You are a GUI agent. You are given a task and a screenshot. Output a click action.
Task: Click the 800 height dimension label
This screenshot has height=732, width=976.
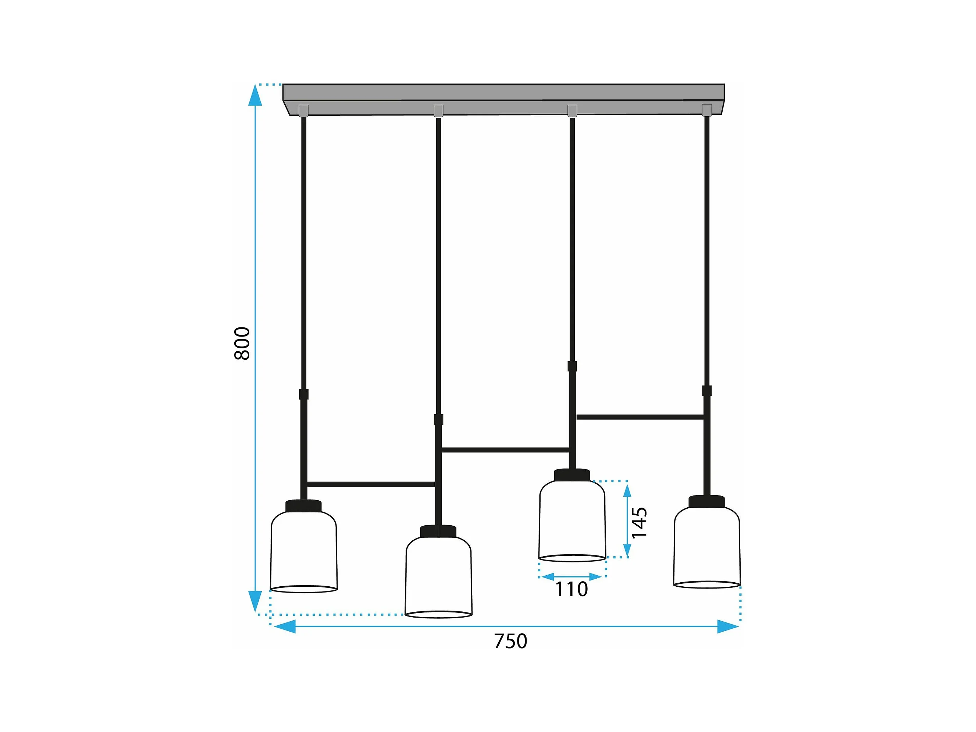(242, 343)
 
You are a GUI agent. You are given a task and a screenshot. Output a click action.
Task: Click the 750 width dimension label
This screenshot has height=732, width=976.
(510, 641)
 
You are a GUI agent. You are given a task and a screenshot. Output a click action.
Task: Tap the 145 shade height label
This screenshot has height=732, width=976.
(639, 522)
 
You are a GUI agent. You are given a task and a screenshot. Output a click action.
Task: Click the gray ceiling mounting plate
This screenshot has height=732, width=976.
(503, 93)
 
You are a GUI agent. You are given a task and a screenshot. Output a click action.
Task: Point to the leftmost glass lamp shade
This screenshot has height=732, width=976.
(303, 551)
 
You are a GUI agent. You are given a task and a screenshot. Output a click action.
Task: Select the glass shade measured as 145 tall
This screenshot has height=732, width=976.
(572, 520)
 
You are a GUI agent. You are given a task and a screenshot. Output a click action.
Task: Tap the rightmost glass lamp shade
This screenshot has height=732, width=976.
(707, 547)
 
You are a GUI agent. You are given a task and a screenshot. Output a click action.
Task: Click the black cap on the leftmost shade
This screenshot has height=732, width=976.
(303, 506)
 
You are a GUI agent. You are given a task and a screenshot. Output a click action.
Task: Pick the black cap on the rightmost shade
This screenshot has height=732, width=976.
(707, 501)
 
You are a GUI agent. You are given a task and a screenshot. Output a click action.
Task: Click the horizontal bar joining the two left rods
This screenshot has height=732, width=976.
(371, 484)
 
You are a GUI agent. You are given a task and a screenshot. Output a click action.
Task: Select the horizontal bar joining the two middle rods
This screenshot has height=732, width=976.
(505, 450)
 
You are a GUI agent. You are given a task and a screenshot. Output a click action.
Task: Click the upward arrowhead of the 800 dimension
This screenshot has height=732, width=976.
(255, 96)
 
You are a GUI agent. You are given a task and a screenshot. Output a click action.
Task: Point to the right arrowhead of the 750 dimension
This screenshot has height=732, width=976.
(728, 626)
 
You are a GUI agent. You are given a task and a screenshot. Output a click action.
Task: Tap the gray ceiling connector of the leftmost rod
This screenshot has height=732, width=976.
(303, 110)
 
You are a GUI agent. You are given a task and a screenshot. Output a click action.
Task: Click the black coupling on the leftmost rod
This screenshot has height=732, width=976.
(303, 394)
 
